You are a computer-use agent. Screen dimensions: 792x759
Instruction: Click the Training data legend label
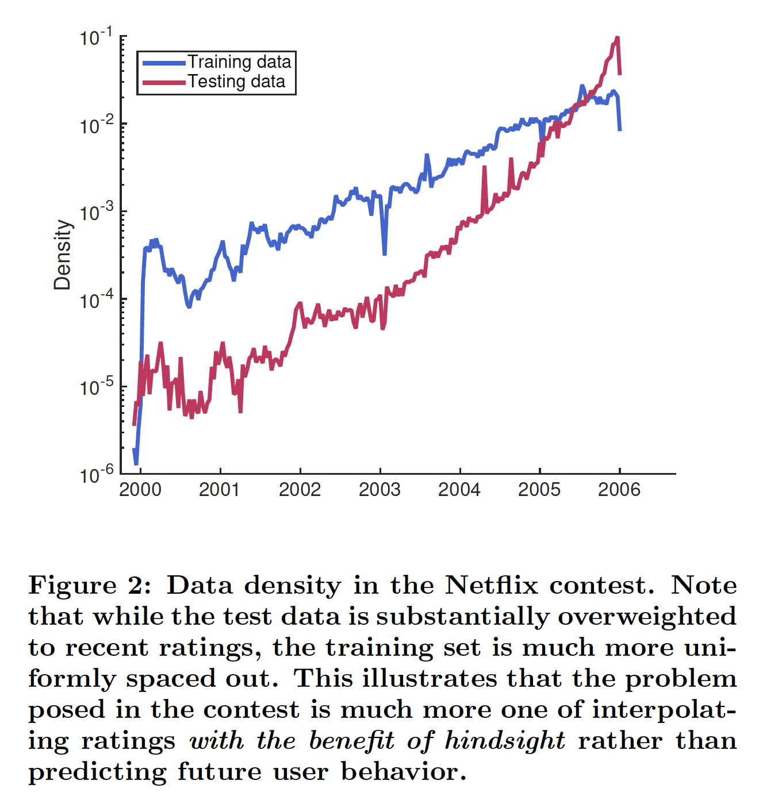point(239,61)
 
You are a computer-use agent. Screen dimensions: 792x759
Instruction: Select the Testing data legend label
point(236,82)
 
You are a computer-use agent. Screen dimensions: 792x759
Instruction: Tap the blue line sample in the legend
point(163,62)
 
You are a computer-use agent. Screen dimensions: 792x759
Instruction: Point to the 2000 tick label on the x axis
point(140,490)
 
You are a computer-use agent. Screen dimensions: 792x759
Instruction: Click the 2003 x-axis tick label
point(379,490)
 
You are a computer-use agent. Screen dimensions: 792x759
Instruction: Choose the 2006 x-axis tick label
point(619,490)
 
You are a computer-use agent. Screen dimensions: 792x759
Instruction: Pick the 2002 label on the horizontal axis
point(300,490)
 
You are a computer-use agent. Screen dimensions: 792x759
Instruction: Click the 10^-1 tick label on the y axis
point(96,38)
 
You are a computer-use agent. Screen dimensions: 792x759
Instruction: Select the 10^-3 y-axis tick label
point(96,213)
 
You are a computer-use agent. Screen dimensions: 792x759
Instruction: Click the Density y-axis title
point(62,255)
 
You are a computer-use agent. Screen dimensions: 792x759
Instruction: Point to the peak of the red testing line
point(617,38)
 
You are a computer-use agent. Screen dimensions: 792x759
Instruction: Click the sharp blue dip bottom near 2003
point(384,253)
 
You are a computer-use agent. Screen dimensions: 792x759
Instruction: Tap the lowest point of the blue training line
point(136,463)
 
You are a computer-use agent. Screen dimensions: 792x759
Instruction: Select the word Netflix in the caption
point(492,586)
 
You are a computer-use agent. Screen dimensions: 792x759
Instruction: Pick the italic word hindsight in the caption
point(505,741)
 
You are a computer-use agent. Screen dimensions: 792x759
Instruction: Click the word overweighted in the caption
point(647,617)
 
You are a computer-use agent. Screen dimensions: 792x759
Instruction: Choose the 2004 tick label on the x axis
point(459,490)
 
